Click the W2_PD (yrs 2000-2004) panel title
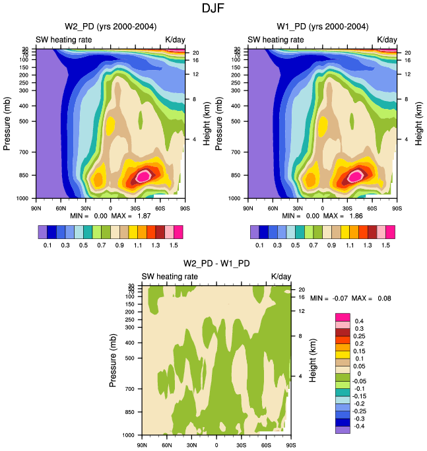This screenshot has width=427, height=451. coord(110,26)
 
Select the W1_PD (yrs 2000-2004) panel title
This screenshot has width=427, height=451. coord(323,26)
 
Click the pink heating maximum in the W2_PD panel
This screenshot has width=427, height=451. coord(144,176)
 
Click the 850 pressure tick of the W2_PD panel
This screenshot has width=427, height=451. coord(24,176)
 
